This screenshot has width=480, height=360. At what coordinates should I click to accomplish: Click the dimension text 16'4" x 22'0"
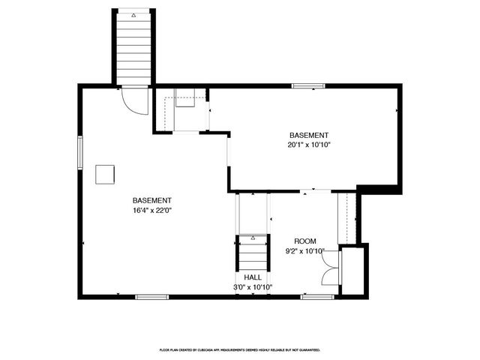tap(152, 211)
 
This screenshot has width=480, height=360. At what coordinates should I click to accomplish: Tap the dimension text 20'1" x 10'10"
tap(309, 144)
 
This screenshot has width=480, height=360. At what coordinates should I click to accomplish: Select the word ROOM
tap(305, 241)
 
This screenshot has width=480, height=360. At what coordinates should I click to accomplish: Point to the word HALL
tap(253, 277)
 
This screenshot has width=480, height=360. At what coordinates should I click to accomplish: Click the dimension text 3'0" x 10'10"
tap(253, 286)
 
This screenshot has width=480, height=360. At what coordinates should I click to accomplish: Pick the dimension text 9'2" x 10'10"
tap(305, 251)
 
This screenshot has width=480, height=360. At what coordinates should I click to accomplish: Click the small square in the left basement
tap(105, 174)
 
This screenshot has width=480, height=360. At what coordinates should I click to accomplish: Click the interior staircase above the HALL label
tap(253, 253)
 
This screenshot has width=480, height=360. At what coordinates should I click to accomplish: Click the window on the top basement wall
tap(303, 86)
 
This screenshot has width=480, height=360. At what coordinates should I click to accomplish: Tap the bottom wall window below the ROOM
tap(317, 297)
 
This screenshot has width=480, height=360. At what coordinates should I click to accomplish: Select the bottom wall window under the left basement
tap(151, 297)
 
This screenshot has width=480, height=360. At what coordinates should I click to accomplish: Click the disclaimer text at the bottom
tap(240, 349)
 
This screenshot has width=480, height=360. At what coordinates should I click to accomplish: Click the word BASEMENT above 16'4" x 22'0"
tap(152, 200)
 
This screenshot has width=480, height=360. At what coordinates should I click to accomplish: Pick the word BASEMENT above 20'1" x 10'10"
tap(309, 133)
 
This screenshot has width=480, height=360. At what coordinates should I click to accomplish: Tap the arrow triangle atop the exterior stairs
tap(134, 15)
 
